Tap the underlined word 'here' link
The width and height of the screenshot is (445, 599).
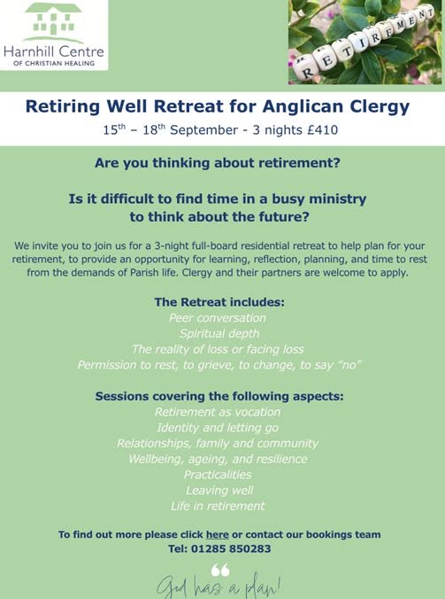coord(218,534)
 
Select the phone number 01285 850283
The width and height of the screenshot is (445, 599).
coord(231,549)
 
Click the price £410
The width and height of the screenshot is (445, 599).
coord(323,130)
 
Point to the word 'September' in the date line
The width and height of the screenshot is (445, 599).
coord(204,130)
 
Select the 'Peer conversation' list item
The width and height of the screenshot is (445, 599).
coord(218,318)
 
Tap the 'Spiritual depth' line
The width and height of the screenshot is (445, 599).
coord(219,334)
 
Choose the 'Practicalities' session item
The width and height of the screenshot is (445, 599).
coord(218,474)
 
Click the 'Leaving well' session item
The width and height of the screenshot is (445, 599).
coord(219,490)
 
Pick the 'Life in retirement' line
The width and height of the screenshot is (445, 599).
coord(218,506)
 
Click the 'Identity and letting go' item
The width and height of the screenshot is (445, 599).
coord(218,428)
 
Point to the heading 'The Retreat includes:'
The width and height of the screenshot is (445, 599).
coord(219,302)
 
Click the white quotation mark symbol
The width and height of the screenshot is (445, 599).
coord(220,570)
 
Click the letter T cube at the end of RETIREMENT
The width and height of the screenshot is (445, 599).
coord(428,13)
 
